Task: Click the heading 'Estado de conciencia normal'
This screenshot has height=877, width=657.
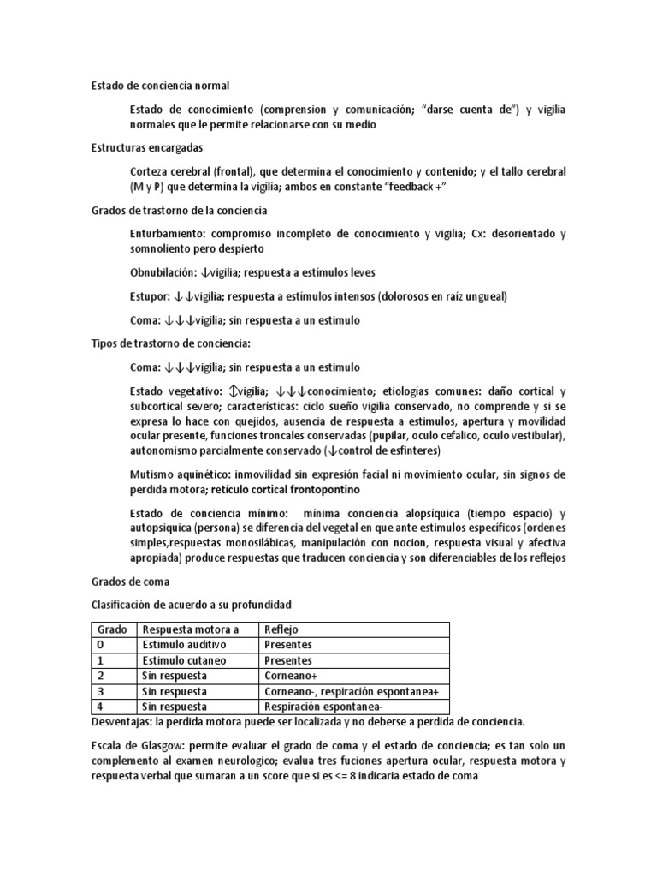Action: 160,86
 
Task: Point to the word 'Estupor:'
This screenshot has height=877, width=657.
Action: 150,296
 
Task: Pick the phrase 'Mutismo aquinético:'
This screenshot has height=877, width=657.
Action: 181,474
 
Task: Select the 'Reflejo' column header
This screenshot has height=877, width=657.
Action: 282,629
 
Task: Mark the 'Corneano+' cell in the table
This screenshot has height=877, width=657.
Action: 291,676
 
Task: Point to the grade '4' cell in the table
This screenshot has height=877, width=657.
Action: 100,707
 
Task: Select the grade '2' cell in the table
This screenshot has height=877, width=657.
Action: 100,676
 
